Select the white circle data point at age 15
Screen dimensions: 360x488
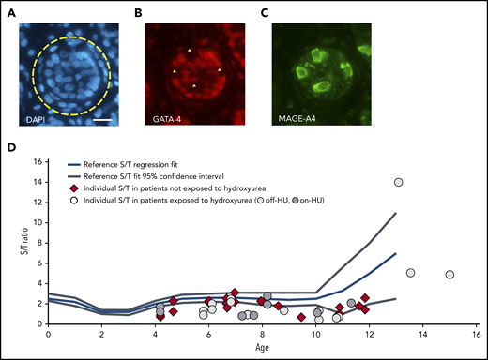(450, 275)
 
